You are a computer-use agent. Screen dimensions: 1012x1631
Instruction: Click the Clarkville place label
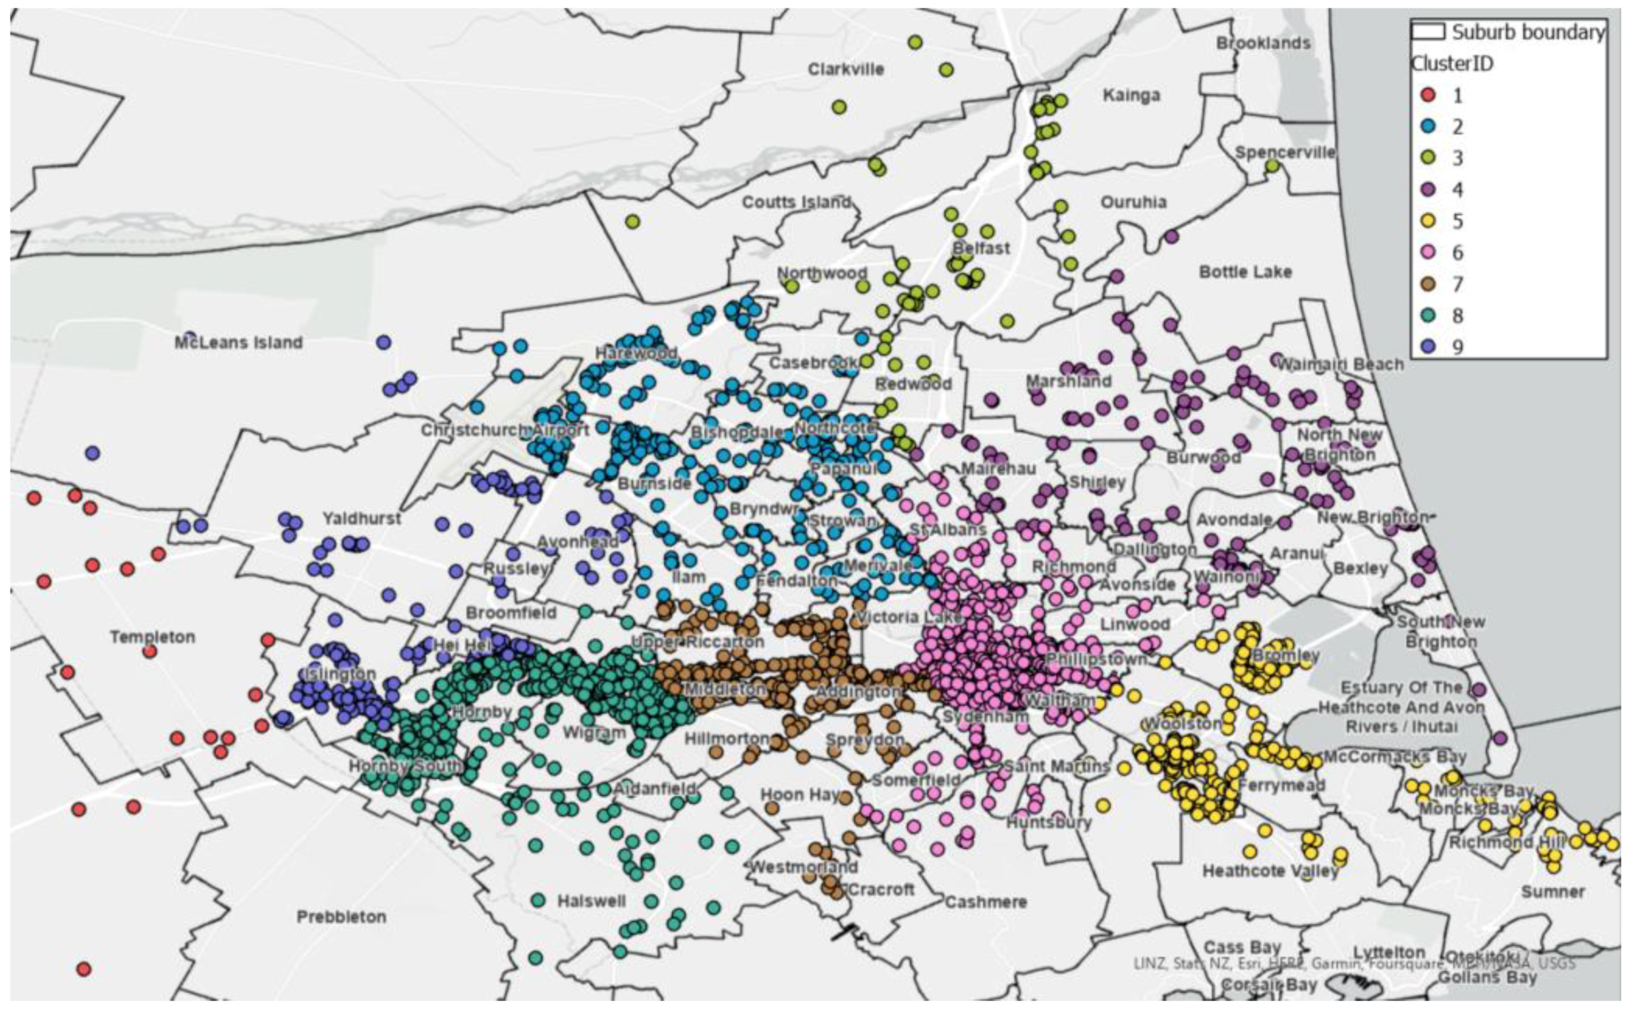(x=846, y=69)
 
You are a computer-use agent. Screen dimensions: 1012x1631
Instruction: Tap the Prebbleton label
(x=341, y=916)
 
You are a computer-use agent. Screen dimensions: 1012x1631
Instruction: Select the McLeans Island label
(x=238, y=343)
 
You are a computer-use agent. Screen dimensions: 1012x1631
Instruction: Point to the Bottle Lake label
(x=1245, y=272)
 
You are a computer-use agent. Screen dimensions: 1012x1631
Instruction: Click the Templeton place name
(x=153, y=637)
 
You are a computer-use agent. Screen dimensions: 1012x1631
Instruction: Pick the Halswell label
(x=591, y=901)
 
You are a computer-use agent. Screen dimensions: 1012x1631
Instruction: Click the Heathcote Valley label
(x=1270, y=871)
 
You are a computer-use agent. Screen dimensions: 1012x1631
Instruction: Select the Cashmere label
(x=985, y=902)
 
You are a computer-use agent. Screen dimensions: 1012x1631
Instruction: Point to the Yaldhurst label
(x=362, y=518)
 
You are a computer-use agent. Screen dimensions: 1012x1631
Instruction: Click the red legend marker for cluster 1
(x=1428, y=95)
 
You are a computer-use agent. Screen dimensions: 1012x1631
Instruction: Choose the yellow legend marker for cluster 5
(x=1428, y=221)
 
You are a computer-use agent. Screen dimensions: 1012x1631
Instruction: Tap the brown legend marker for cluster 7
(x=1428, y=284)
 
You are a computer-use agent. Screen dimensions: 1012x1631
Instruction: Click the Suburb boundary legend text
(x=1527, y=32)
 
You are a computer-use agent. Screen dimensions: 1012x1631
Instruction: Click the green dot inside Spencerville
(x=1272, y=165)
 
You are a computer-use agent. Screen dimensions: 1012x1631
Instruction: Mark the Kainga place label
(x=1131, y=95)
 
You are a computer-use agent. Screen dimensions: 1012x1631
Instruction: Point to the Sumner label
(x=1553, y=892)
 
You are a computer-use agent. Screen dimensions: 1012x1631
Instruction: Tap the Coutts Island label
(x=796, y=201)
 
